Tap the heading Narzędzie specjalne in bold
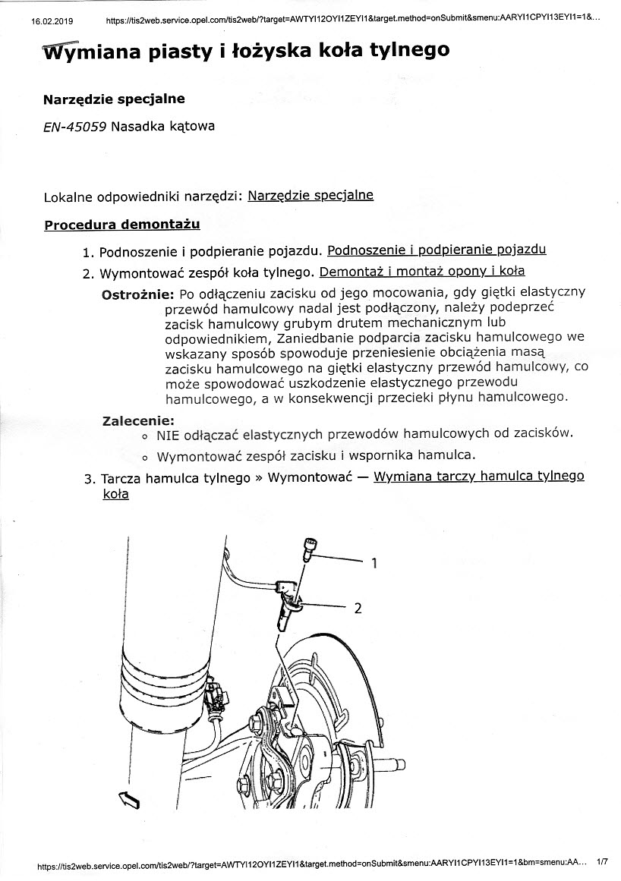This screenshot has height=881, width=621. click(x=114, y=99)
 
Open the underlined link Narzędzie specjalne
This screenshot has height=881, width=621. click(x=310, y=195)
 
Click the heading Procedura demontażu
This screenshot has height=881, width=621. click(x=122, y=225)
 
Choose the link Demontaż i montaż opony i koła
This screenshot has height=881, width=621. click(x=422, y=271)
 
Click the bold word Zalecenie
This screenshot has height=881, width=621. click(x=138, y=420)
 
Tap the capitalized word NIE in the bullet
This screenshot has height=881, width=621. click(x=167, y=435)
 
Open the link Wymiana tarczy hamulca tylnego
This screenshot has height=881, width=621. click(x=479, y=477)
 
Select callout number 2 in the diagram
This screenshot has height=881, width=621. click(x=358, y=608)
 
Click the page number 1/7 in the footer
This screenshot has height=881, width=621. click(x=603, y=862)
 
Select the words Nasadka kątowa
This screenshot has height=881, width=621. click(x=162, y=126)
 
